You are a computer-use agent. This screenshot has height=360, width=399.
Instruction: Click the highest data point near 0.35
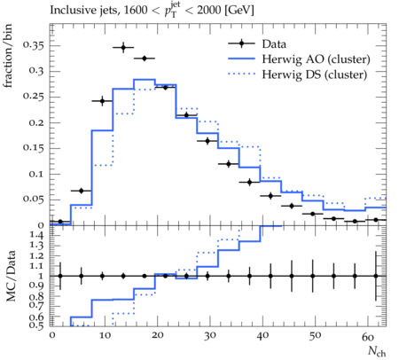coord(123,47)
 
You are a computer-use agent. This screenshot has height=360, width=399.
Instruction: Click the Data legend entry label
coord(274,44)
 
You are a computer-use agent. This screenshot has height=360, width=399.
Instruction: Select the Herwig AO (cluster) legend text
coord(316,59)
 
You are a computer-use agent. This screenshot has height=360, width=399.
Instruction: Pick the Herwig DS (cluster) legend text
coord(315,74)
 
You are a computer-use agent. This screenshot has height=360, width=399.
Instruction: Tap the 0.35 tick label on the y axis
coord(33,45)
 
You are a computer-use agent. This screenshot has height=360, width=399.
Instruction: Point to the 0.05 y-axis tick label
coord(33,200)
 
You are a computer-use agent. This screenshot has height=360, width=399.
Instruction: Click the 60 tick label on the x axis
coord(368,336)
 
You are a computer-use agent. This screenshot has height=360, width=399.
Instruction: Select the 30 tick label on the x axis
coord(209,336)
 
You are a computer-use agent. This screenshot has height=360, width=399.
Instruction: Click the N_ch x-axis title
coord(377,351)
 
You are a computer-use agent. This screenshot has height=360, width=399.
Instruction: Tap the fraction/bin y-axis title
coord(8,56)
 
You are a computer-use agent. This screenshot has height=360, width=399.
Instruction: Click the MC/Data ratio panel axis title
coord(11,276)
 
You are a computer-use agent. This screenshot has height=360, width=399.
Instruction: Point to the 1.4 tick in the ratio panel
coord(36,236)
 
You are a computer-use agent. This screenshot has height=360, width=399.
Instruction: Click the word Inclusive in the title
coord(68,10)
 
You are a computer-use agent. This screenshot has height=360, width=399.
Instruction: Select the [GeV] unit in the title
coord(239,10)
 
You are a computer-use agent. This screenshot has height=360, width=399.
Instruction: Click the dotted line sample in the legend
coord(241,74)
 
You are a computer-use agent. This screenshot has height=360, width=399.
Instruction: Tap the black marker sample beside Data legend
coord(241,43)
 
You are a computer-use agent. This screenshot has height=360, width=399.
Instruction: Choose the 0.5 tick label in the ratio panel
coord(36,325)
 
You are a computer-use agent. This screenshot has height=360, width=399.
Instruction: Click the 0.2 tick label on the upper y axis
coord(36,122)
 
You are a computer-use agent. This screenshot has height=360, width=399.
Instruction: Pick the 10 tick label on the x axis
coord(105,336)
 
